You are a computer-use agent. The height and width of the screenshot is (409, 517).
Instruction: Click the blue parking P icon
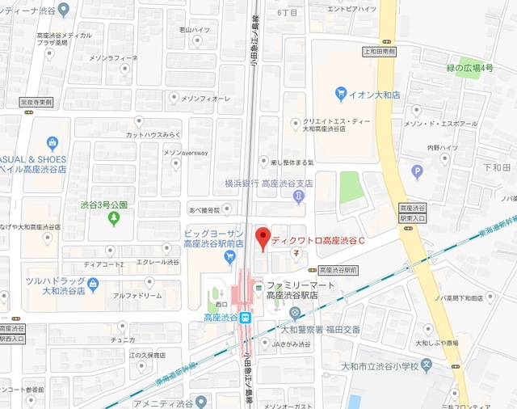(417, 171)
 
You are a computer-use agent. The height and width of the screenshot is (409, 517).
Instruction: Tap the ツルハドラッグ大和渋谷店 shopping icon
(92, 285)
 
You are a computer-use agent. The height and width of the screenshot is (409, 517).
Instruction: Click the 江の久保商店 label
(146, 354)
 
